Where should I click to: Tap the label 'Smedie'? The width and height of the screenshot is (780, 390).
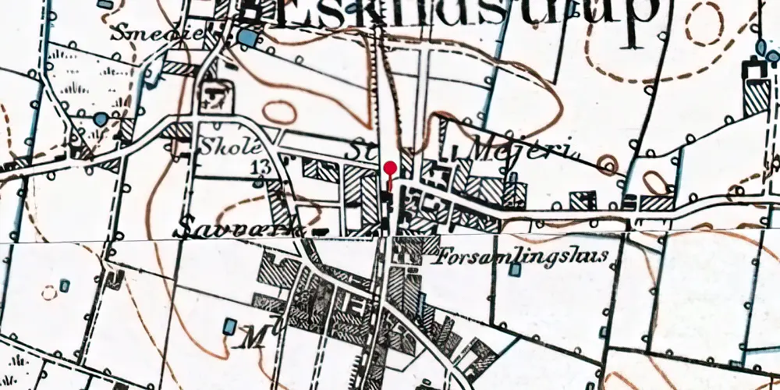coord(139,34)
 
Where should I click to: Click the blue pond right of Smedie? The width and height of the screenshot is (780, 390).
coord(247,37)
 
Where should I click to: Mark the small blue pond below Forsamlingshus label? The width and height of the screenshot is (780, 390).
coord(515,270)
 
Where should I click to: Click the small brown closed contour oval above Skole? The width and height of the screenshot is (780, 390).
coord(278,113)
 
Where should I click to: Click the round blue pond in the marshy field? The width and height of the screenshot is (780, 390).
coord(101,119)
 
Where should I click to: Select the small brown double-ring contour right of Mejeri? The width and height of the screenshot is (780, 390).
coord(608,164)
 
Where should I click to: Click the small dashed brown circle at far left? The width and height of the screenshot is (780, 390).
coord(50,292)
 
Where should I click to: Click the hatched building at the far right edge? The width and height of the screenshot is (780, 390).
coord(756,94)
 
